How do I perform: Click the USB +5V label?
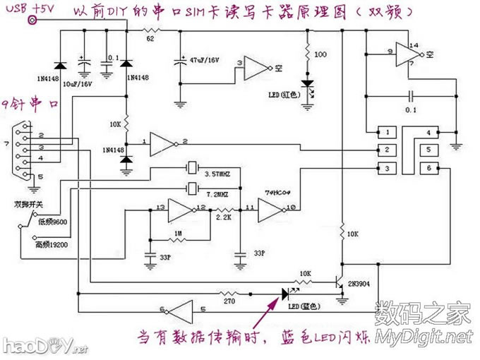[28, 8]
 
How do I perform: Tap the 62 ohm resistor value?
[150, 40]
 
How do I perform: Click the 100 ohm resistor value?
[320, 54]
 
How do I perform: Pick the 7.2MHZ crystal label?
[216, 192]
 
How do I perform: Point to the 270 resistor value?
[227, 301]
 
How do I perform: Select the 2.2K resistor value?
[225, 219]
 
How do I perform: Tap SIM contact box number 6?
[428, 167]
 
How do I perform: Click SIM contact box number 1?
[386, 132]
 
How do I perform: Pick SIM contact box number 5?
[428, 150]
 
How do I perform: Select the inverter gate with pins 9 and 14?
[407, 53]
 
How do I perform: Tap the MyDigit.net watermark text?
[423, 335]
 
